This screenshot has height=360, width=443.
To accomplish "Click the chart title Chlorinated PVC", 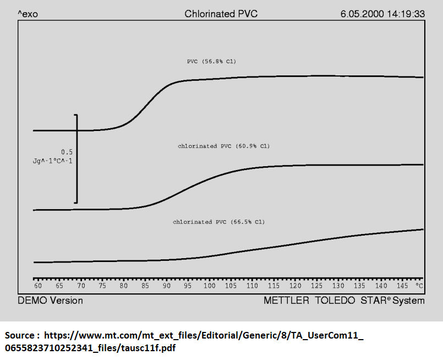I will [x=221, y=14].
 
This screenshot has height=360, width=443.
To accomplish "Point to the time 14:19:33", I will [x=407, y=14].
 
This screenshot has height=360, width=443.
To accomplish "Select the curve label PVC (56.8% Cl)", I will [x=211, y=62].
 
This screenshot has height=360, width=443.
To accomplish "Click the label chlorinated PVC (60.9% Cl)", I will [x=223, y=146].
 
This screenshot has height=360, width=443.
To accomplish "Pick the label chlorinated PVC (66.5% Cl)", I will [x=218, y=222].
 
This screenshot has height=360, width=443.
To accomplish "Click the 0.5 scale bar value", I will [x=67, y=152].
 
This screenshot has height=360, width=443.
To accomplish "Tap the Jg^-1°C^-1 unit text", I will [x=53, y=161].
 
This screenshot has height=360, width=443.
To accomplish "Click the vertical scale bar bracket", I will [x=76, y=159].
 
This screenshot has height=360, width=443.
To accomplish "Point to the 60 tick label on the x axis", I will [x=38, y=286].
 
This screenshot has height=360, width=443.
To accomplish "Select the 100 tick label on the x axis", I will [x=209, y=286].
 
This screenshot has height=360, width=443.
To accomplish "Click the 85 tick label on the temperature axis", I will [x=145, y=286].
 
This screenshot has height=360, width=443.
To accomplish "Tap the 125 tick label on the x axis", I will [x=316, y=286].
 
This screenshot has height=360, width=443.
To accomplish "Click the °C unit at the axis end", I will [x=419, y=286].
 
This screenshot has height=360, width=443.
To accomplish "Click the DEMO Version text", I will [x=51, y=301].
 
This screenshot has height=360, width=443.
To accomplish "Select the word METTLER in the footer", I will [x=287, y=301].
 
